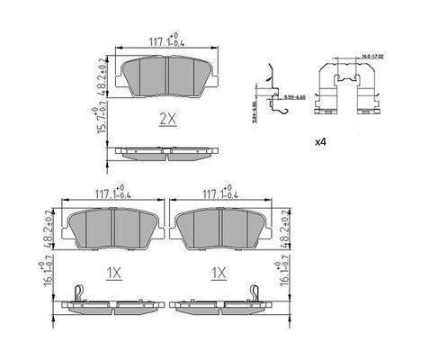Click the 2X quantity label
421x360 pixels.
(x=166, y=118)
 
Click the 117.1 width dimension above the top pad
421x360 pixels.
(x=166, y=40)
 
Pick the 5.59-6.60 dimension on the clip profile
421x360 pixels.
(x=293, y=95)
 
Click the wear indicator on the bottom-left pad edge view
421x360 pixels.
(x=79, y=292)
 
